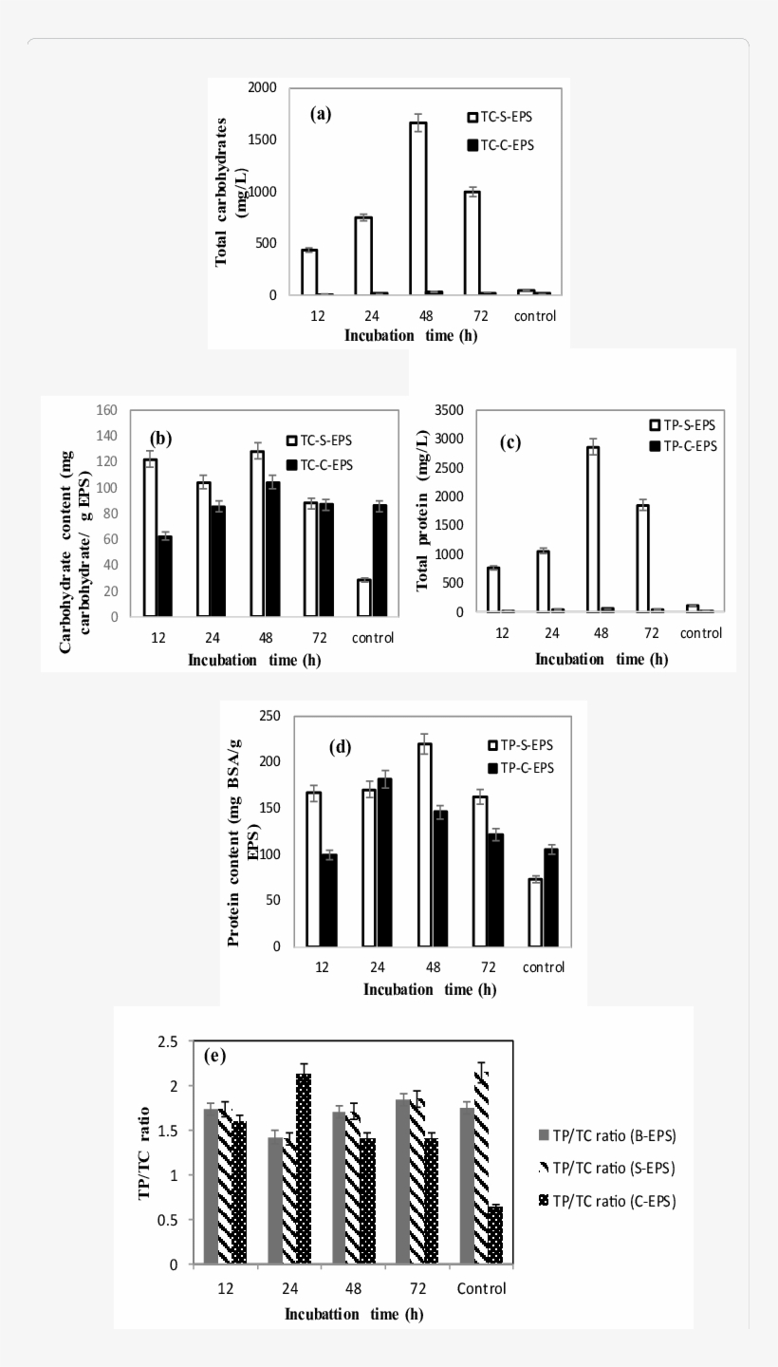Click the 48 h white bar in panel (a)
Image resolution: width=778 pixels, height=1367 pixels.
click(417, 209)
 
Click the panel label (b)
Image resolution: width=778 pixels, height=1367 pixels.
click(160, 439)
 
